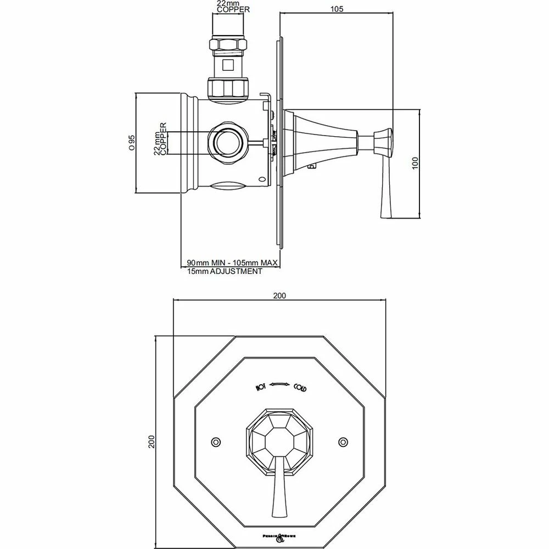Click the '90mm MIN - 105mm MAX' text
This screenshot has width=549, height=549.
pyautogui.click(x=233, y=263)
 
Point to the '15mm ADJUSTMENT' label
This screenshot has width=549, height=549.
pyautogui.click(x=223, y=271)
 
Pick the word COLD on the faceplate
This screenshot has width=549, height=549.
pyautogui.click(x=300, y=388)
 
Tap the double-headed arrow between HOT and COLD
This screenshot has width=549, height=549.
pyautogui.click(x=280, y=384)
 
